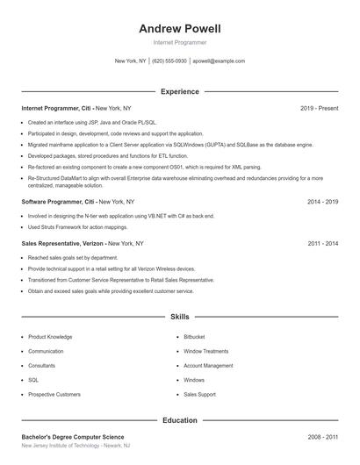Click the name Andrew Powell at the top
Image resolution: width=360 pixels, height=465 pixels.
coord(179,28)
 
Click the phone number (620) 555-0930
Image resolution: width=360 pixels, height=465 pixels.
coord(169,61)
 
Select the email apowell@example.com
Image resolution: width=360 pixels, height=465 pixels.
coord(219,61)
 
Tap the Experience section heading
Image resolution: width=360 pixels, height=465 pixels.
coord(179,91)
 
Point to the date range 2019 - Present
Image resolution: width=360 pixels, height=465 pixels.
coord(319,108)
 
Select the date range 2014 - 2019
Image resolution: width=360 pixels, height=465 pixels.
coord(322,201)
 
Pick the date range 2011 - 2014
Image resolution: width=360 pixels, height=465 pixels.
coord(322,243)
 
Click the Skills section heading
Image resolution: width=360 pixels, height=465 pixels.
coord(179,316)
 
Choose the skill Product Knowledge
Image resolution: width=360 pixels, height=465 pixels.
coord(50,337)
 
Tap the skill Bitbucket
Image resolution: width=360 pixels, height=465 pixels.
coord(194,337)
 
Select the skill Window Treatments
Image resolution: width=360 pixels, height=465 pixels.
coord(205,351)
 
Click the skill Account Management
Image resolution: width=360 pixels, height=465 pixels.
coord(208,366)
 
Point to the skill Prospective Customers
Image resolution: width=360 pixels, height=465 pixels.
coord(54,395)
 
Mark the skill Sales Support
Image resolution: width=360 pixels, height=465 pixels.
coord(199,395)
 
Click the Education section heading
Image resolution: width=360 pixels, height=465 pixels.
coord(179,420)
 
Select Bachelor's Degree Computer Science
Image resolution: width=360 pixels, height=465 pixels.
coord(73,437)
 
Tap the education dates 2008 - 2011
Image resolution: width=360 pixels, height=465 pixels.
coord(322,437)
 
